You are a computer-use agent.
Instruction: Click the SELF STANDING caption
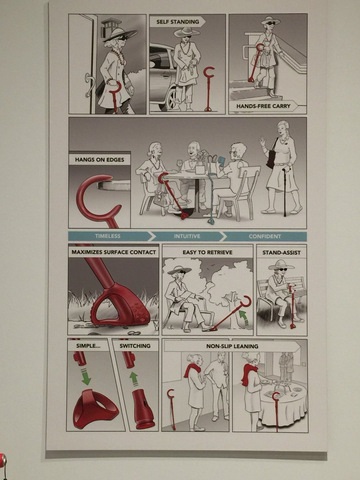pyautogui.click(x=178, y=22)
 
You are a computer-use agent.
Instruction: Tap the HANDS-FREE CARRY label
pyautogui.click(x=263, y=106)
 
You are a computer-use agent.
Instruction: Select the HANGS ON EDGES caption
pyautogui.click(x=100, y=160)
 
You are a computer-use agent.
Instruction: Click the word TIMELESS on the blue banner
pyautogui.click(x=108, y=236)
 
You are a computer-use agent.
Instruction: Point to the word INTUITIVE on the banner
pyautogui.click(x=187, y=236)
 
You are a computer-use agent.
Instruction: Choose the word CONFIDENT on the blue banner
pyautogui.click(x=264, y=236)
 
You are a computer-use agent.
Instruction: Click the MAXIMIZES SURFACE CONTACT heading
pyautogui.click(x=114, y=252)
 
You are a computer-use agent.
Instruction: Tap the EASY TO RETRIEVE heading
pyautogui.click(x=208, y=252)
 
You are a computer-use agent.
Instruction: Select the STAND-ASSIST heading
pyautogui.click(x=281, y=253)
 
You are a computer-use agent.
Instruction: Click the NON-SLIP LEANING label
pyautogui.click(x=232, y=346)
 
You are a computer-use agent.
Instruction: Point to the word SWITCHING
pyautogui.click(x=135, y=346)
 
